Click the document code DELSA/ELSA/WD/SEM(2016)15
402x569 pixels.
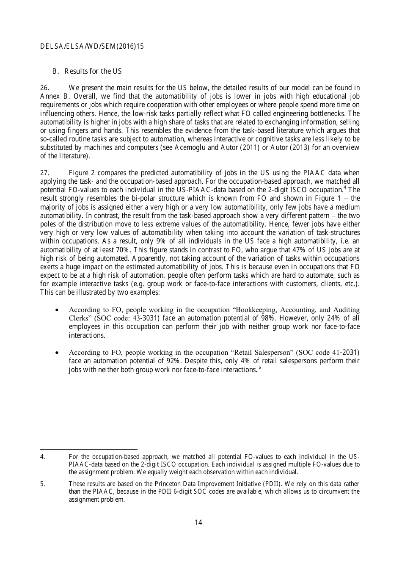point(92,47)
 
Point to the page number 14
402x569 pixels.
point(198,522)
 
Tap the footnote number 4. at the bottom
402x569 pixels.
point(42,457)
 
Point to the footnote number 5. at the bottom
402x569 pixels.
point(42,484)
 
